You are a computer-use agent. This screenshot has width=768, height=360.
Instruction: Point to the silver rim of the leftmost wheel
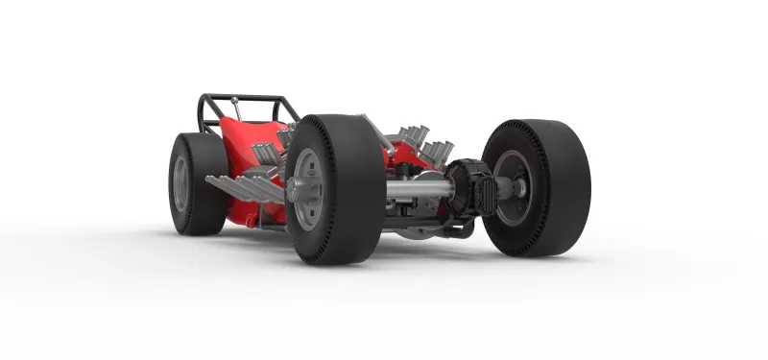(180, 183)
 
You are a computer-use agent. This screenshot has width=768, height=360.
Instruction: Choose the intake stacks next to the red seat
(266, 154)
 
